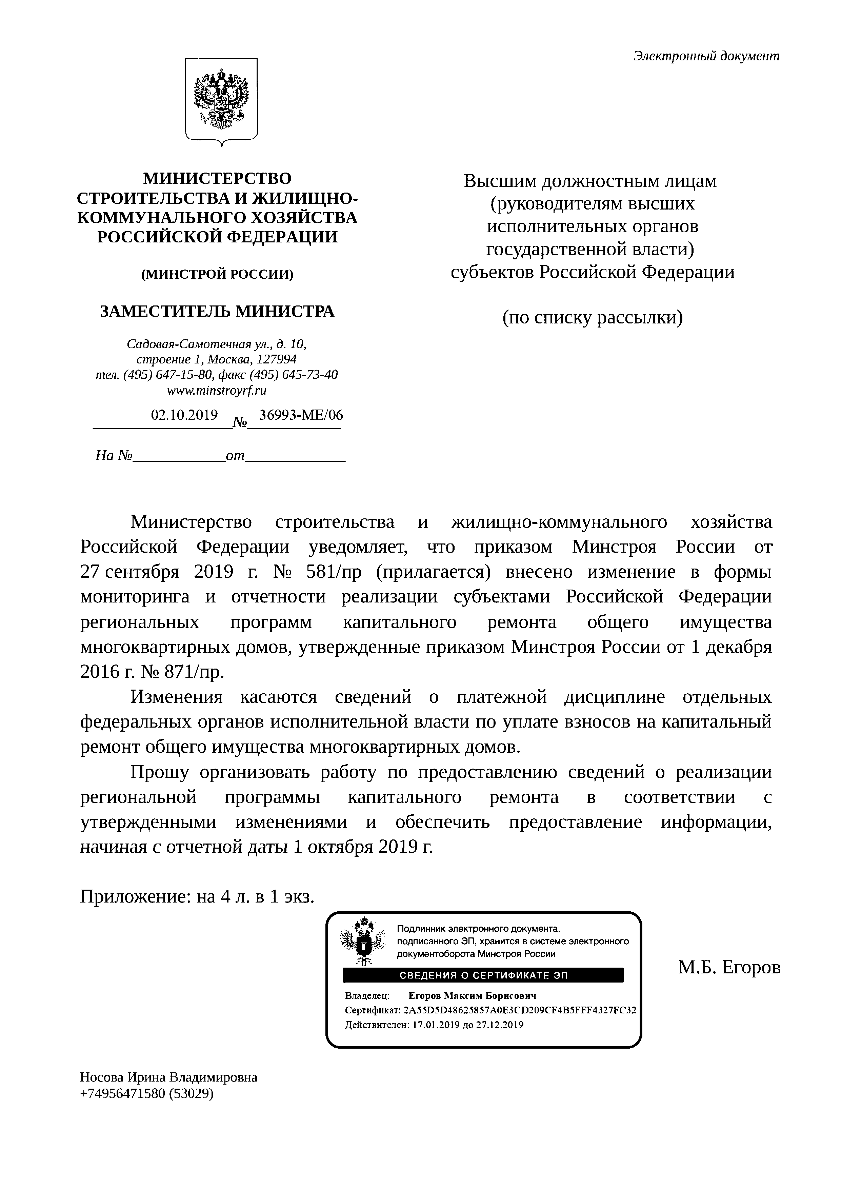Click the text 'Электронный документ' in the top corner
coord(706,56)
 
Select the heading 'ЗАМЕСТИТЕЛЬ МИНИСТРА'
coord(217,311)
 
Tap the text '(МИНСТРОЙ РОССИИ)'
coord(217,275)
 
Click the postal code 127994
coord(276,359)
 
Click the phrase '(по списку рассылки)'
coord(593,317)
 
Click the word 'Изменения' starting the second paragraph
coord(176,697)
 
